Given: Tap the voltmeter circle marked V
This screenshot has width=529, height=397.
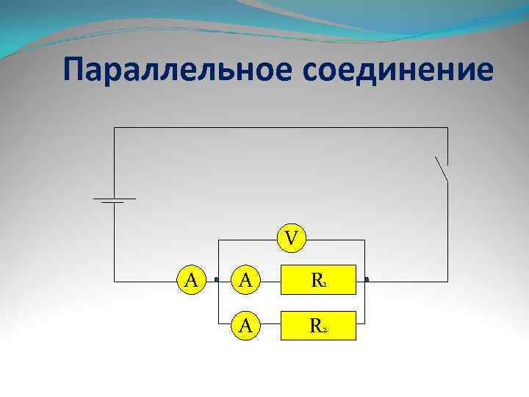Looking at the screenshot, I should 292,239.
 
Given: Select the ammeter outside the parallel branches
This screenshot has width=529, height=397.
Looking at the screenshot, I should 192,280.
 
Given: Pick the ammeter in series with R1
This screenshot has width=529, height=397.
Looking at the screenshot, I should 247,280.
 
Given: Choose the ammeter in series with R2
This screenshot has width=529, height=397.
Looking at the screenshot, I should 247,325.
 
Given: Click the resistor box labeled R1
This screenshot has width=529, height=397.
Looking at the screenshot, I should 318,280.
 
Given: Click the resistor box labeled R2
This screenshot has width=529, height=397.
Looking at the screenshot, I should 318,325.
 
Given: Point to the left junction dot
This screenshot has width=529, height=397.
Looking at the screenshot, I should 217,280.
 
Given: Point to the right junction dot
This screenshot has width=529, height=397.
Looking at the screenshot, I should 366,280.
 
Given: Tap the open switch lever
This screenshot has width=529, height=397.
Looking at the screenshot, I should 441,169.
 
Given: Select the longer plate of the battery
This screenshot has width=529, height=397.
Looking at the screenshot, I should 114,198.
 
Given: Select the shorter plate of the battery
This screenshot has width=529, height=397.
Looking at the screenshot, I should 113,204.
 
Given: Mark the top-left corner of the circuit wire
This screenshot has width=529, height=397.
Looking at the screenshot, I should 114,128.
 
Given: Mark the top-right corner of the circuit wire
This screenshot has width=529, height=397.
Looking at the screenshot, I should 447,128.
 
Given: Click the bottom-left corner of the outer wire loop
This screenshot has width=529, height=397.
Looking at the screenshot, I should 114,280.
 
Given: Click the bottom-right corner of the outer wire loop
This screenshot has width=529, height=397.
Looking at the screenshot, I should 447,280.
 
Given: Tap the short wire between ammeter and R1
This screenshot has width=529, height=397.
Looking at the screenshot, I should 271,280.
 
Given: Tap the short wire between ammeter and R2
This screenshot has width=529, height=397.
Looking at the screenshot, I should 271,325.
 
